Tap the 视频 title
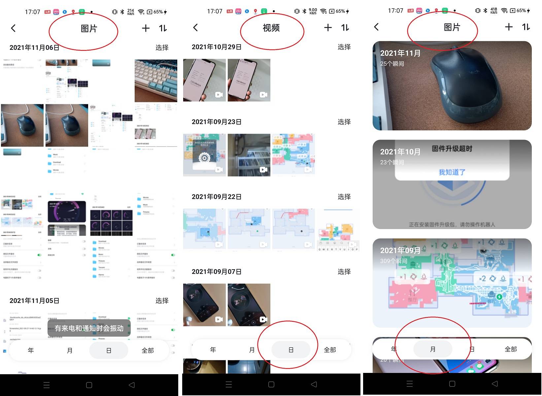click(271, 28)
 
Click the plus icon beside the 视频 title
click(328, 28)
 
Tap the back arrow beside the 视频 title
click(195, 28)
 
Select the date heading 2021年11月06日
click(34, 48)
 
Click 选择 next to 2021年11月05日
click(162, 301)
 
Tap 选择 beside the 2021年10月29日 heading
click(344, 47)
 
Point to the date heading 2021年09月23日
click(217, 122)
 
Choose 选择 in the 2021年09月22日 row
click(344, 197)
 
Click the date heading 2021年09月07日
click(217, 272)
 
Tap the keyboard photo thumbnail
click(156, 81)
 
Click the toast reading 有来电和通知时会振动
click(89, 328)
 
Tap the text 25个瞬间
click(392, 64)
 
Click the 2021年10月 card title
click(400, 152)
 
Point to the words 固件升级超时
click(452, 149)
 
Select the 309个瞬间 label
click(394, 261)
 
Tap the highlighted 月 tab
click(433, 349)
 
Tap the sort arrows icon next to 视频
click(345, 28)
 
